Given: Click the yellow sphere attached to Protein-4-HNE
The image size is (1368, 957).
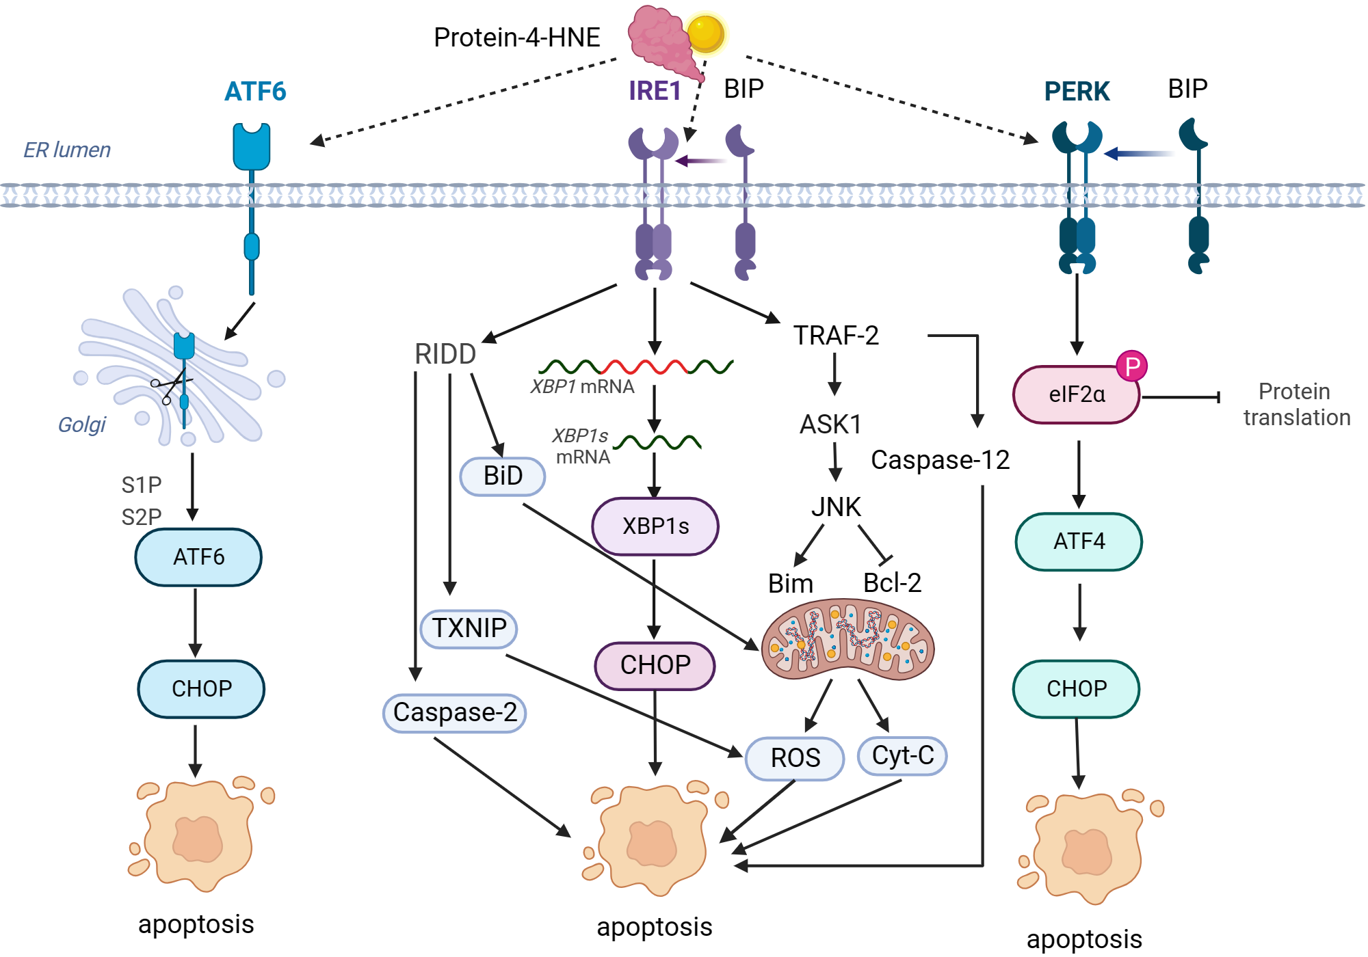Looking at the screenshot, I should pos(705,33).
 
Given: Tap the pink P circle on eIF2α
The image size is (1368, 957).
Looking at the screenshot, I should pos(1131,366).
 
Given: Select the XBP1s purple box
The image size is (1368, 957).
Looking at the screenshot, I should pos(655,526).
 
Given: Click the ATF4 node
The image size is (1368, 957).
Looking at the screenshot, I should pos(1079,541).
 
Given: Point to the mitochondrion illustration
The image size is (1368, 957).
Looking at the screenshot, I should pos(847,640).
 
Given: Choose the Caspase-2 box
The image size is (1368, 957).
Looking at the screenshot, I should pos(455,713).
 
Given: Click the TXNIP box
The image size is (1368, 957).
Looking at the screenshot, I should pos(469,628).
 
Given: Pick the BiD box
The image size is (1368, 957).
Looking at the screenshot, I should pos(503,476).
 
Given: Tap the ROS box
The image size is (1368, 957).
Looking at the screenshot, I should pos(795,758).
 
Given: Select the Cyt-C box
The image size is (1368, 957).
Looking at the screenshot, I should pos(902,756).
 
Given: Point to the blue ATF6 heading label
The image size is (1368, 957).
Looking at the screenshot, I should pos(255,92).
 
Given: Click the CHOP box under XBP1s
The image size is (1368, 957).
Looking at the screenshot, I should pos(655,665).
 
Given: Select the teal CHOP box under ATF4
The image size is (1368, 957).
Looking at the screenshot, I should pos(1076,689).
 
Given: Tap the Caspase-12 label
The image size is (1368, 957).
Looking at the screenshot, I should pos(940,460).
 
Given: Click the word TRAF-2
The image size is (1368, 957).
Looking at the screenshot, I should pos(836,336).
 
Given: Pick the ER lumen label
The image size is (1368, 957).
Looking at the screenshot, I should pos(67,150).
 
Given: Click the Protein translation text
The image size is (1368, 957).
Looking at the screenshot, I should pos(1296,405).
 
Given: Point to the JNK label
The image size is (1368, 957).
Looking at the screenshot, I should pos(836,507).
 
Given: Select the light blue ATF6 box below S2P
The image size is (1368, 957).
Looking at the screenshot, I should pos(198,557).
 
